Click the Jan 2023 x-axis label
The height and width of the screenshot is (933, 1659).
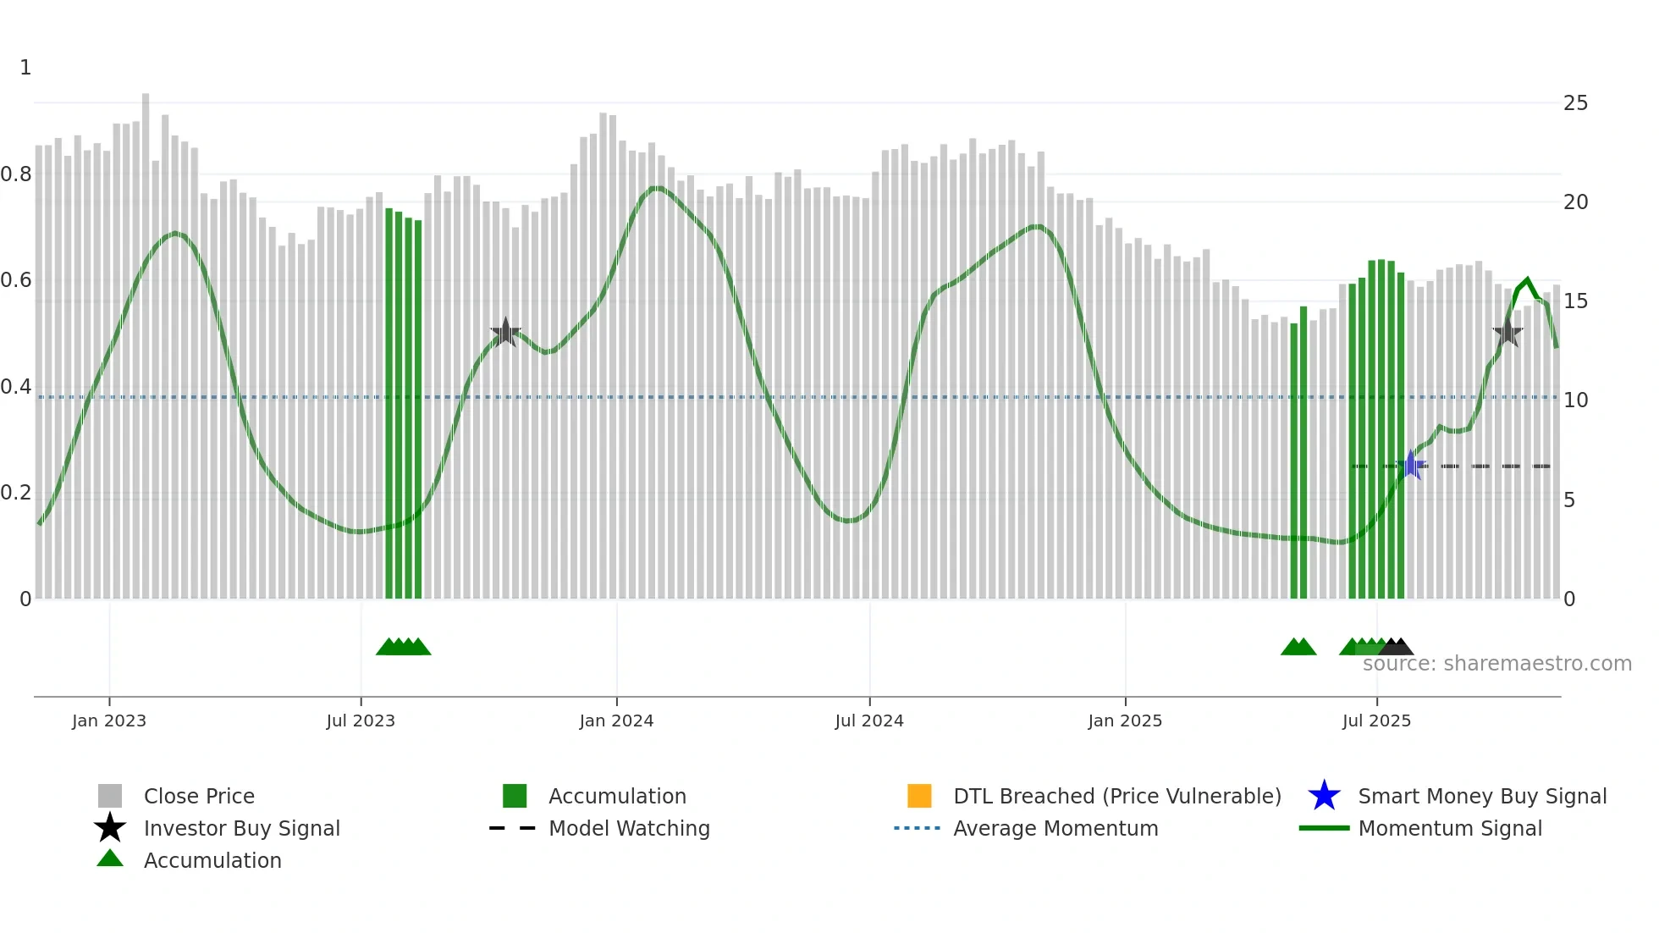click(109, 720)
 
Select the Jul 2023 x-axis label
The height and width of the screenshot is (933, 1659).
click(361, 720)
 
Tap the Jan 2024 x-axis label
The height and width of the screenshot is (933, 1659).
click(616, 720)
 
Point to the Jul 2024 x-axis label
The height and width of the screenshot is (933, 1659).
click(869, 720)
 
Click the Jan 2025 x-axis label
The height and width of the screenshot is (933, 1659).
click(1125, 720)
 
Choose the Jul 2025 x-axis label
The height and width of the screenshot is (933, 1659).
click(1376, 720)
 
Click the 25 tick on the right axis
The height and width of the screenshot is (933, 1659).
click(1575, 103)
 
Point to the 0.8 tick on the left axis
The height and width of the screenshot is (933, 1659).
click(16, 174)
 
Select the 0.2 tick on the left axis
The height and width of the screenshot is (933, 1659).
click(16, 493)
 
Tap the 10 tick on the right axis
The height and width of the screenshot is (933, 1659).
click(1575, 400)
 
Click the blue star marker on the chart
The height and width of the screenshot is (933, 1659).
click(1411, 465)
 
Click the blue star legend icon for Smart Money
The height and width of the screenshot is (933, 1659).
click(1324, 796)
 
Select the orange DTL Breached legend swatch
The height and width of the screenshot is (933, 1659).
click(919, 796)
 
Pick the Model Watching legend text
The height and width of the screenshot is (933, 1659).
click(629, 828)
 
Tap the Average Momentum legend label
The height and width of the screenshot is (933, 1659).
click(1055, 828)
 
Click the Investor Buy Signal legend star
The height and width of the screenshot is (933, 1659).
click(110, 828)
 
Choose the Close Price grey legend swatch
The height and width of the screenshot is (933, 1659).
click(110, 796)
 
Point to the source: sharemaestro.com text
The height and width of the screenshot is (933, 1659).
click(1496, 664)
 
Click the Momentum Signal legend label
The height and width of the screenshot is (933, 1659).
click(1450, 828)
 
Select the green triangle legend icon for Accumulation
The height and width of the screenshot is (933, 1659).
click(110, 858)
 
